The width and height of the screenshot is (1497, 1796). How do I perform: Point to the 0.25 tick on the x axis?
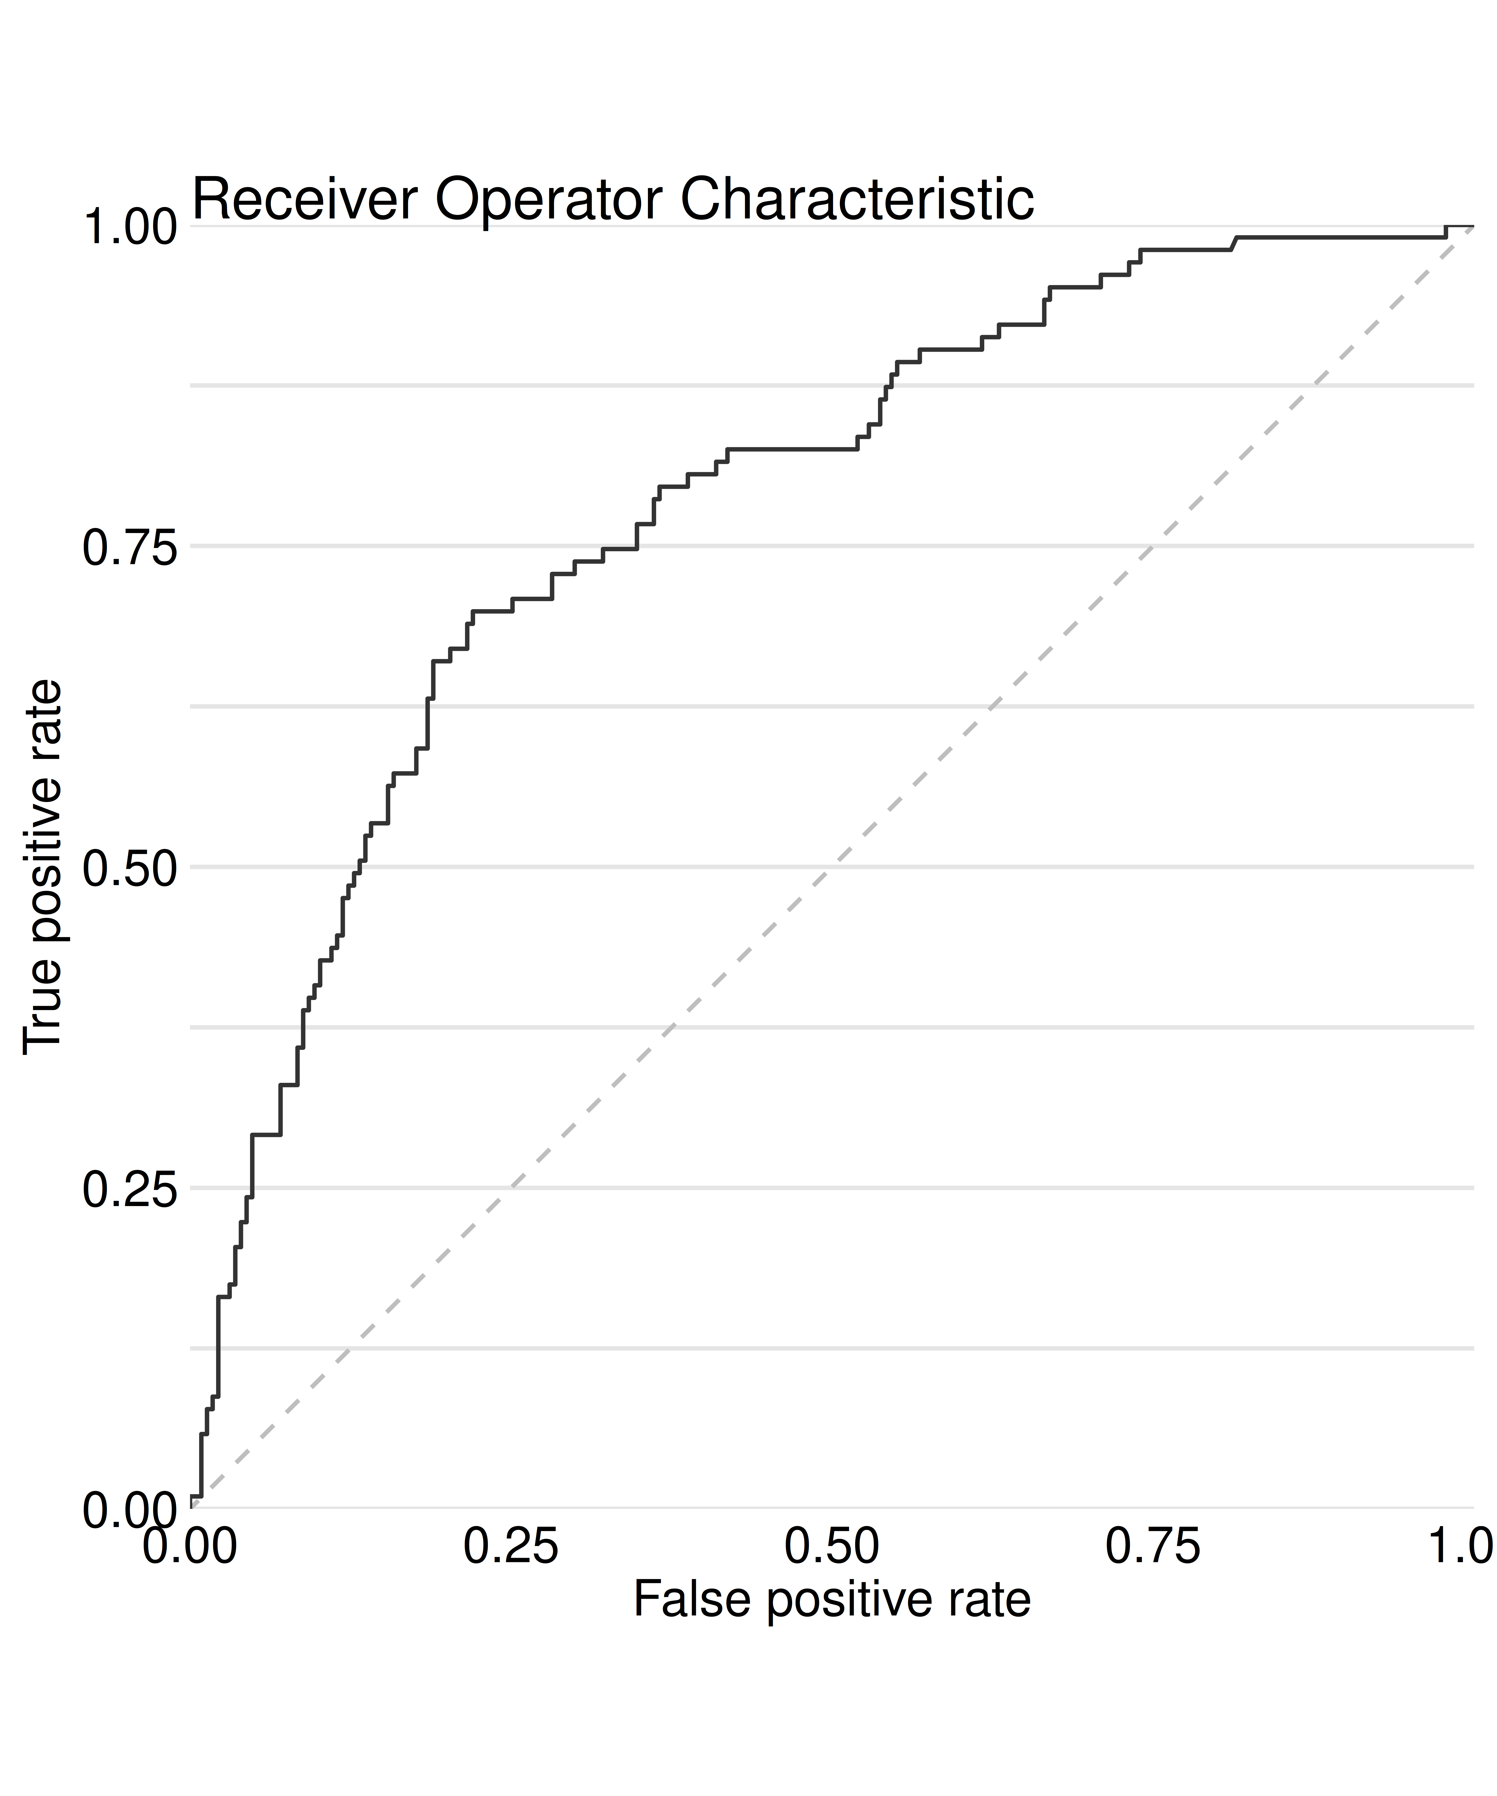[x=511, y=1546]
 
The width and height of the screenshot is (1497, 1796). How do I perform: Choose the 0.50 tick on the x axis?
[x=832, y=1546]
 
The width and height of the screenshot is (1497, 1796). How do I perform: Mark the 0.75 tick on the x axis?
[x=1152, y=1546]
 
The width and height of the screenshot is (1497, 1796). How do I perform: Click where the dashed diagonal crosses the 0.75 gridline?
[x=1152, y=546]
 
